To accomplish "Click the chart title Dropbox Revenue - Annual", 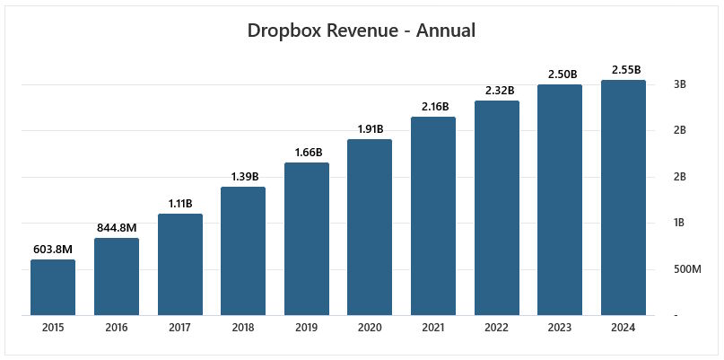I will coord(361,31).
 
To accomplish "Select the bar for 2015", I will coord(53,287).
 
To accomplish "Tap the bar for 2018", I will coord(243,251).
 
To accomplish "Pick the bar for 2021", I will coord(433,215).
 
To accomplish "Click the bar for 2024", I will coord(624,198).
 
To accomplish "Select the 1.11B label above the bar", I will coord(179,203).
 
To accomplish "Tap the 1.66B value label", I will coord(307,152).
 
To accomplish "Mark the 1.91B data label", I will coord(370,128).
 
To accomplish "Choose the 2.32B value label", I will coord(497,90).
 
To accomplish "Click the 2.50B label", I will coord(560,74).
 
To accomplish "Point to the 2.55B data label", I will coord(624,69).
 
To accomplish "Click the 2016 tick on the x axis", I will coord(117,329).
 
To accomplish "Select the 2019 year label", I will coord(307,329).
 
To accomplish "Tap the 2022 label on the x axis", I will coord(497,329).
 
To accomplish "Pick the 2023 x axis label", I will coord(560,329).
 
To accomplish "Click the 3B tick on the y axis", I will coord(679,84).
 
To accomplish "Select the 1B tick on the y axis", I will coord(679,223).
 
